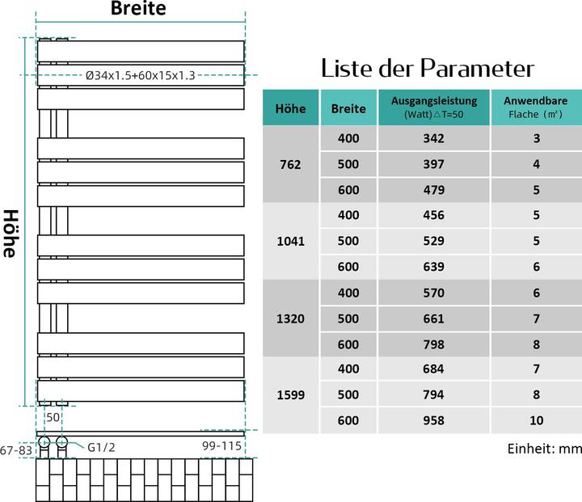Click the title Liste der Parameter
428,67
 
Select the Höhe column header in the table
291,108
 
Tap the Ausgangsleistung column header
434,108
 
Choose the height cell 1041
291,241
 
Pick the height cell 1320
291,318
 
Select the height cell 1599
291,395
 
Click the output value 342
434,138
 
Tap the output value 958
434,421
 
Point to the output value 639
434,267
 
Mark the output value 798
434,344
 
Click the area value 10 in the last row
536,421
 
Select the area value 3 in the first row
536,138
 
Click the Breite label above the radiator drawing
138,10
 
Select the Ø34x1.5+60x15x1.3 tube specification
141,75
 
